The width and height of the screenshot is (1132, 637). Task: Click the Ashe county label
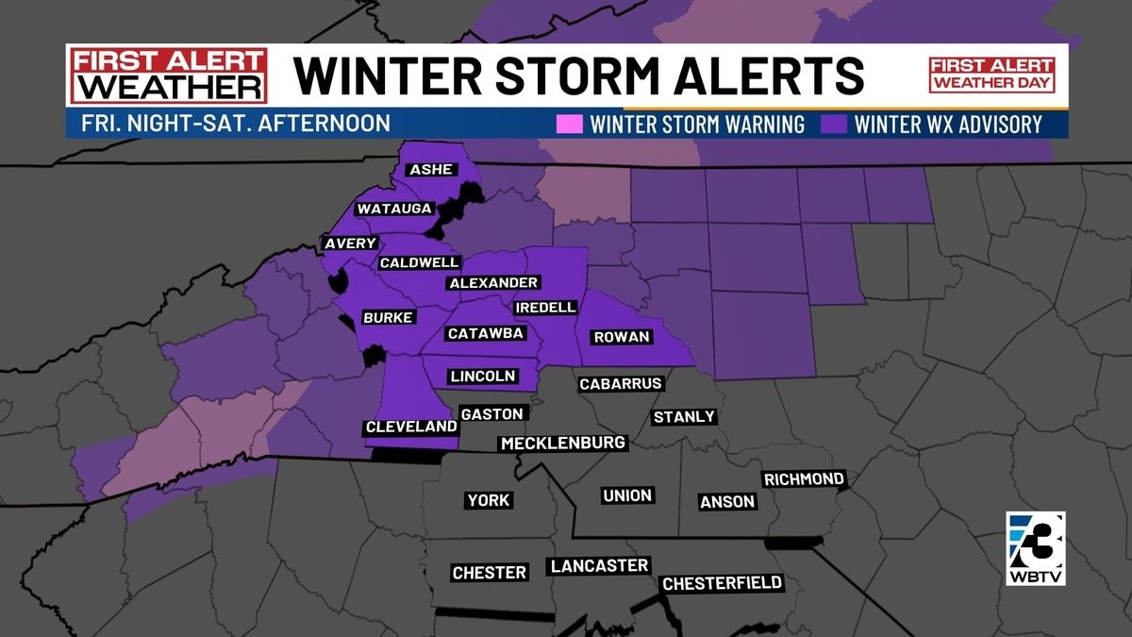[x=431, y=170]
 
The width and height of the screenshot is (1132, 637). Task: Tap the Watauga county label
[x=394, y=209]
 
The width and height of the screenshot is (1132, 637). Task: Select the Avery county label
[x=351, y=243]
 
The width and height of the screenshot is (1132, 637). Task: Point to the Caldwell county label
[x=419, y=262]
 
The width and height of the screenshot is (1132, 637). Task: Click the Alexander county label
[x=493, y=283]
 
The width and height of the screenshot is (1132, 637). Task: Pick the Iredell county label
[x=545, y=308]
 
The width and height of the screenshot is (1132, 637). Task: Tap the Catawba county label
[x=485, y=333]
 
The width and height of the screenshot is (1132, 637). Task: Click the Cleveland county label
[x=411, y=427]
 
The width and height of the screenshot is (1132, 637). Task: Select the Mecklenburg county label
[x=563, y=443]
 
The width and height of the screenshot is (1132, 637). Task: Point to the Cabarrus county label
[x=621, y=384]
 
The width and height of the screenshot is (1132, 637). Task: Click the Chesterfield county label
[x=723, y=583]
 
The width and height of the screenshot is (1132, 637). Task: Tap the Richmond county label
[x=804, y=479]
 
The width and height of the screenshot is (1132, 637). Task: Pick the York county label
[x=489, y=500]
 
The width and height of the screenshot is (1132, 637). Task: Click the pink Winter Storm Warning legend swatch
[x=571, y=125]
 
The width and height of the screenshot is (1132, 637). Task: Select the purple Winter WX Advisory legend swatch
[x=833, y=125]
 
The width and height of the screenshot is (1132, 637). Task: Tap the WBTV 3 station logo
[x=1035, y=546]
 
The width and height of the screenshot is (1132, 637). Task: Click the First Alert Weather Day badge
[x=991, y=75]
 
